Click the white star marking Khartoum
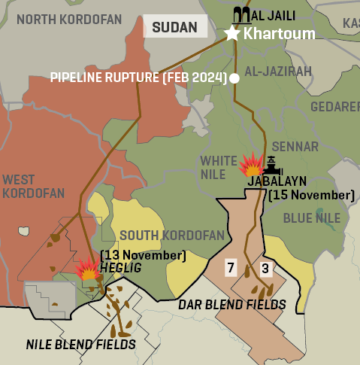pos(231,33)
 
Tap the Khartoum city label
pos(279,34)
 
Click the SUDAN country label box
pos(175,28)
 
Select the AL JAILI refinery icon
pos(243,14)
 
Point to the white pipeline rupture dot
pos(234,78)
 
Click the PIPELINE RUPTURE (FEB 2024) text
pos(139,78)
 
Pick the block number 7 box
pos(231,267)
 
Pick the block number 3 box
pos(265,267)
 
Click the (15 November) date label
pos(311,195)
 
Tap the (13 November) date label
pos(143,255)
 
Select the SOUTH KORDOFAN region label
pos(172,236)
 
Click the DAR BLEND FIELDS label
pos(231,304)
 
